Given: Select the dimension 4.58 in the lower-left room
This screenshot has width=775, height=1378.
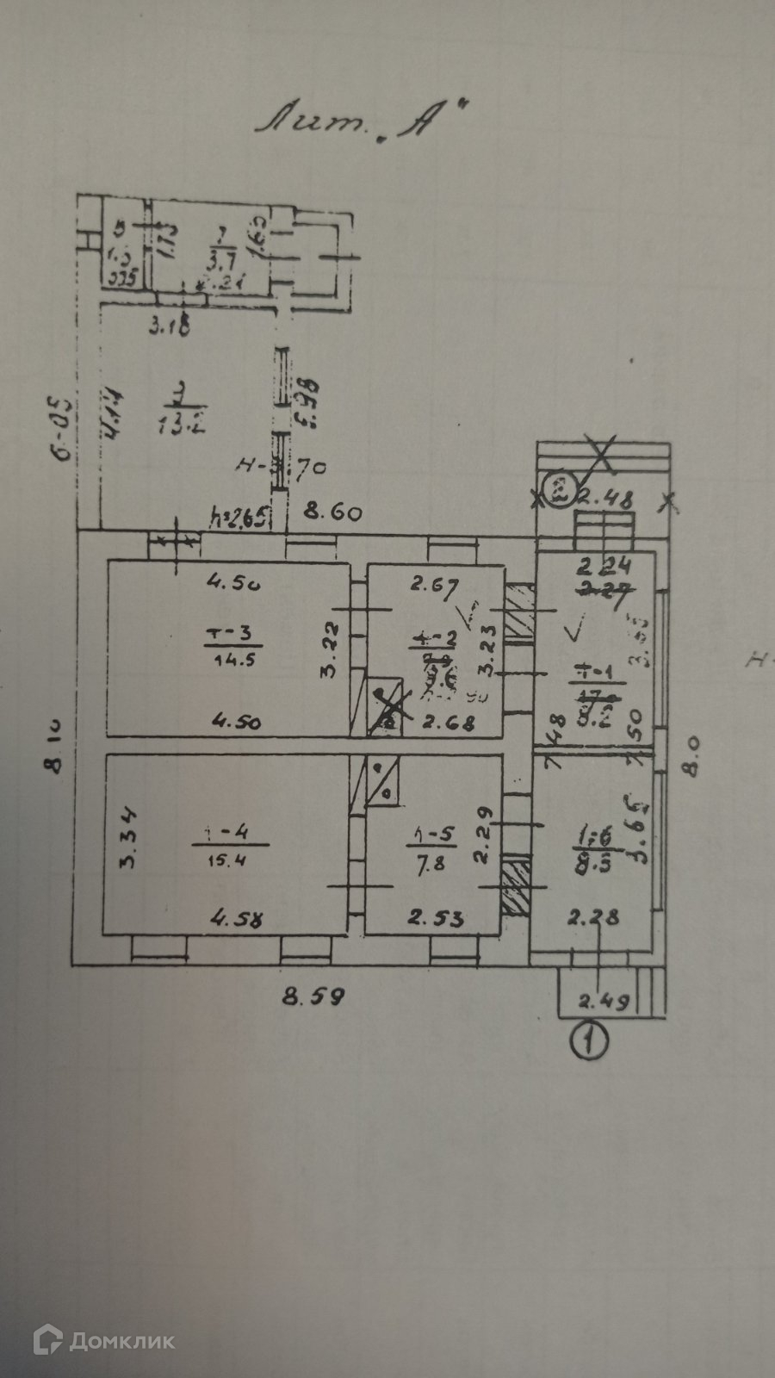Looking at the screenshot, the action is pyautogui.click(x=237, y=919).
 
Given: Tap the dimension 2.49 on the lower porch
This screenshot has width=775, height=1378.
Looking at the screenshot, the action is pyautogui.click(x=604, y=1001).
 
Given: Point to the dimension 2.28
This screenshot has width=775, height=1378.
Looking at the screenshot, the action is pyautogui.click(x=594, y=918).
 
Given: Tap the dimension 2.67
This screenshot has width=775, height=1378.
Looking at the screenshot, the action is pyautogui.click(x=430, y=587).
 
